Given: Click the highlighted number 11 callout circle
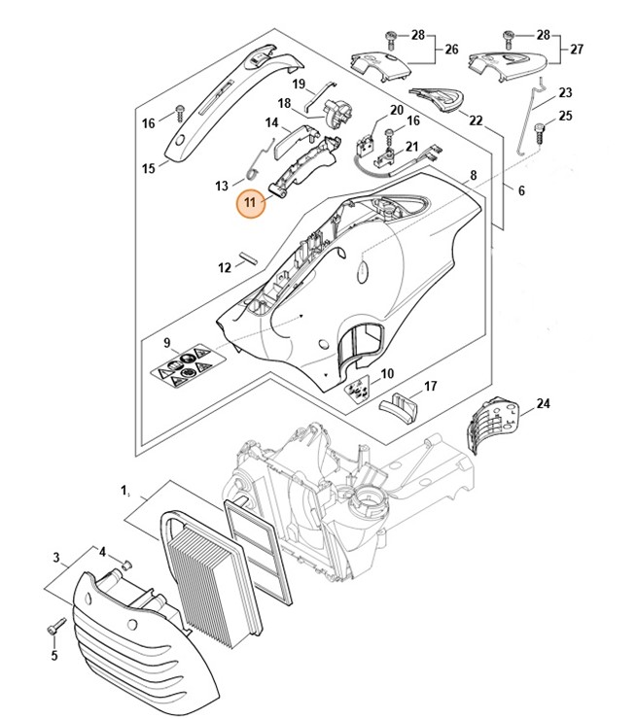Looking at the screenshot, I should click(252, 203).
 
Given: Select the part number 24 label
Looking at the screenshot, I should click(544, 403).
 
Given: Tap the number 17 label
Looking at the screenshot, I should click(430, 387).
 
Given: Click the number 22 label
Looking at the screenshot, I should click(476, 120).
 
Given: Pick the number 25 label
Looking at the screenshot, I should click(567, 117).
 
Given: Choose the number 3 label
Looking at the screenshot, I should click(56, 558).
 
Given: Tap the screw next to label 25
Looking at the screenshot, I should click(538, 127).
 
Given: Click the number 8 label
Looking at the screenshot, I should click(474, 176).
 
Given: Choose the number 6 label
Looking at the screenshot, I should click(521, 191).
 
